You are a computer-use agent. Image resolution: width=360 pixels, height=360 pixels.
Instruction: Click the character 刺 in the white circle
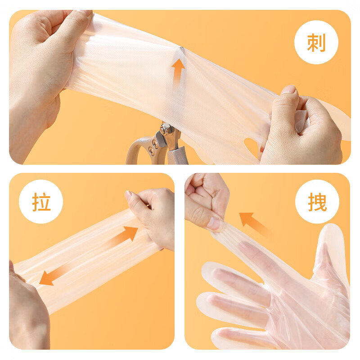pos(316,42)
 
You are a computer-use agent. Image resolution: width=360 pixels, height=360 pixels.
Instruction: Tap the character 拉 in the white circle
pos(41,202)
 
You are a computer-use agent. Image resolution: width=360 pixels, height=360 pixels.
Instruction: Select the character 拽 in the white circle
pos(317,202)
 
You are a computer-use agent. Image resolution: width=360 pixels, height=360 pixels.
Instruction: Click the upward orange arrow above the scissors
pos(178,71)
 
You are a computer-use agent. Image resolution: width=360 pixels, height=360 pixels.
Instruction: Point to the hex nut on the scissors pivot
pos(166,130)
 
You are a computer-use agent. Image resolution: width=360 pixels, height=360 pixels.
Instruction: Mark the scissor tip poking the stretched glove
pos(182,48)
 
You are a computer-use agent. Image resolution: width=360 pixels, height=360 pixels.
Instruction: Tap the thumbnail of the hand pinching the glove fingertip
pos(215,223)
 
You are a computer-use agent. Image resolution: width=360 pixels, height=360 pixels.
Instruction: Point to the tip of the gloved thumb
pos(333,227)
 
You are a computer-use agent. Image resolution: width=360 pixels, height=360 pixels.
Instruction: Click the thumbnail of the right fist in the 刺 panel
pos(289,89)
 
